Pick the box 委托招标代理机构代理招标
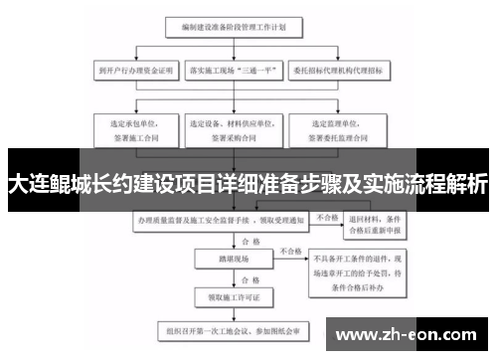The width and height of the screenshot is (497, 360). click(x=338, y=72)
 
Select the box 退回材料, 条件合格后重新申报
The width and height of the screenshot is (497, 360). click(x=374, y=226)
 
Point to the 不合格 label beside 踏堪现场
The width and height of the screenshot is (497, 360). click(x=289, y=252)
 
